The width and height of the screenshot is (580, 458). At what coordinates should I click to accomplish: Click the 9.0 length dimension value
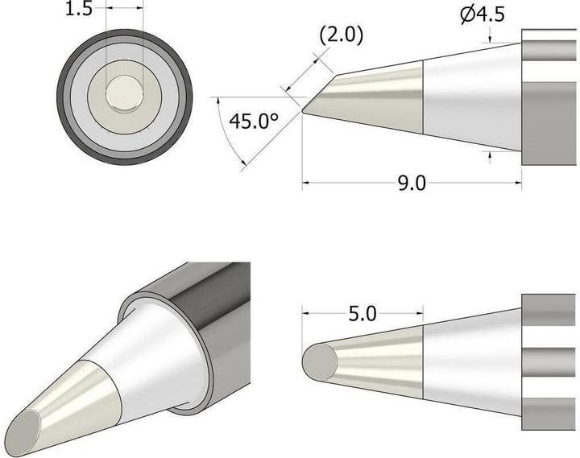(x=411, y=184)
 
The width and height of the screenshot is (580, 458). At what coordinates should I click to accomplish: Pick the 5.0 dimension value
(x=362, y=314)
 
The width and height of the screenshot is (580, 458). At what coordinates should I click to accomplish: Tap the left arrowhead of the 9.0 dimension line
(x=306, y=184)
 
